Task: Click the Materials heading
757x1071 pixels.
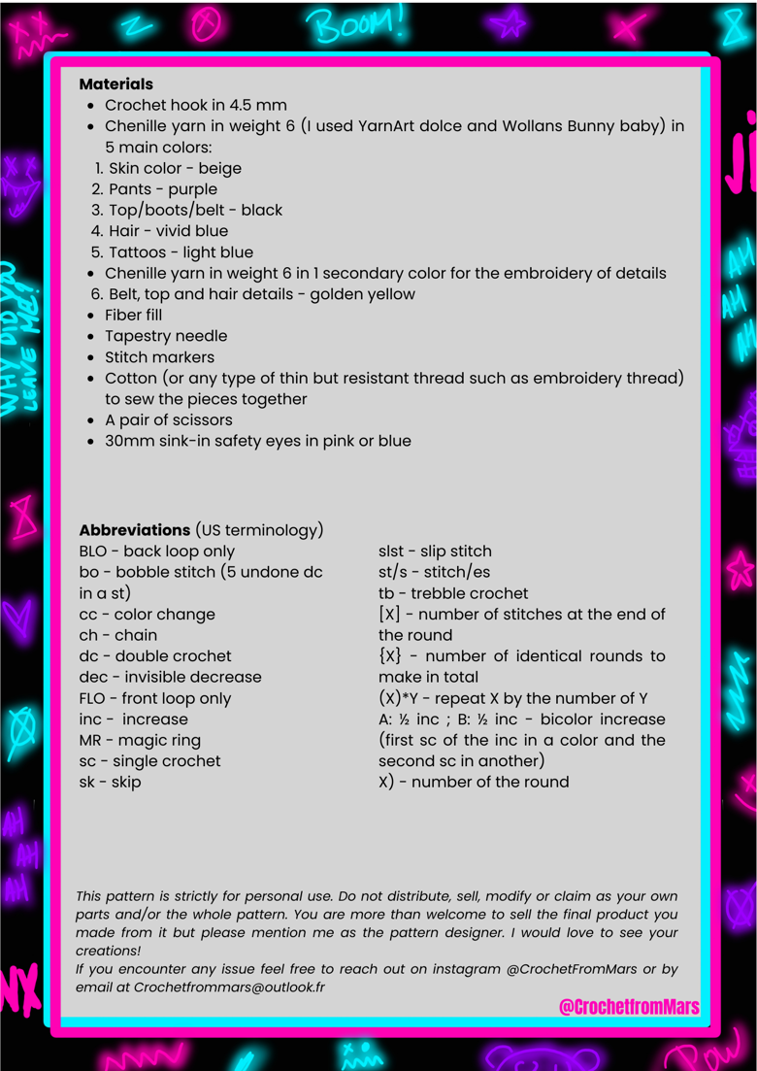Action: pyautogui.click(x=115, y=84)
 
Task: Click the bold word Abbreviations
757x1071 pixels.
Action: pyautogui.click(x=134, y=530)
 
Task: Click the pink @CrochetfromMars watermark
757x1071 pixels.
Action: pyautogui.click(x=628, y=1007)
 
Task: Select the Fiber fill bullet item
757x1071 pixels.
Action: pyautogui.click(x=133, y=315)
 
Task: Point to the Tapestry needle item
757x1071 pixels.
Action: pyautogui.click(x=166, y=336)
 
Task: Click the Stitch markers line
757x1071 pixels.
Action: pyautogui.click(x=161, y=357)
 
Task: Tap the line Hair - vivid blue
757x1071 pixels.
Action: pyautogui.click(x=168, y=231)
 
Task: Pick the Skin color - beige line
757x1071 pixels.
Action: pyautogui.click(x=175, y=168)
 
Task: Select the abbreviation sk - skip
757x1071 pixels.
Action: pyautogui.click(x=110, y=782)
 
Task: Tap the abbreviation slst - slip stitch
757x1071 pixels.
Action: pyautogui.click(x=435, y=552)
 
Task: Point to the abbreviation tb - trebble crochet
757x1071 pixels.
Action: pyautogui.click(x=453, y=593)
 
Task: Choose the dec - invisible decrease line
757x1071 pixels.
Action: pyautogui.click(x=170, y=677)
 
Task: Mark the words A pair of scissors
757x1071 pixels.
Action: pyautogui.click(x=169, y=420)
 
